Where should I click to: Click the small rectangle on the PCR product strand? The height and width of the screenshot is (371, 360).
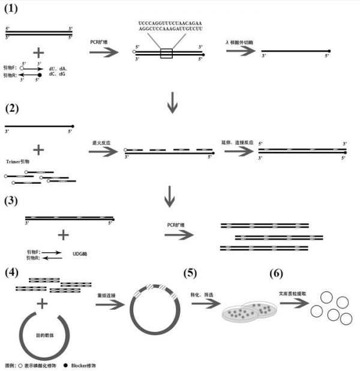pyautogui.click(x=166, y=54)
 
